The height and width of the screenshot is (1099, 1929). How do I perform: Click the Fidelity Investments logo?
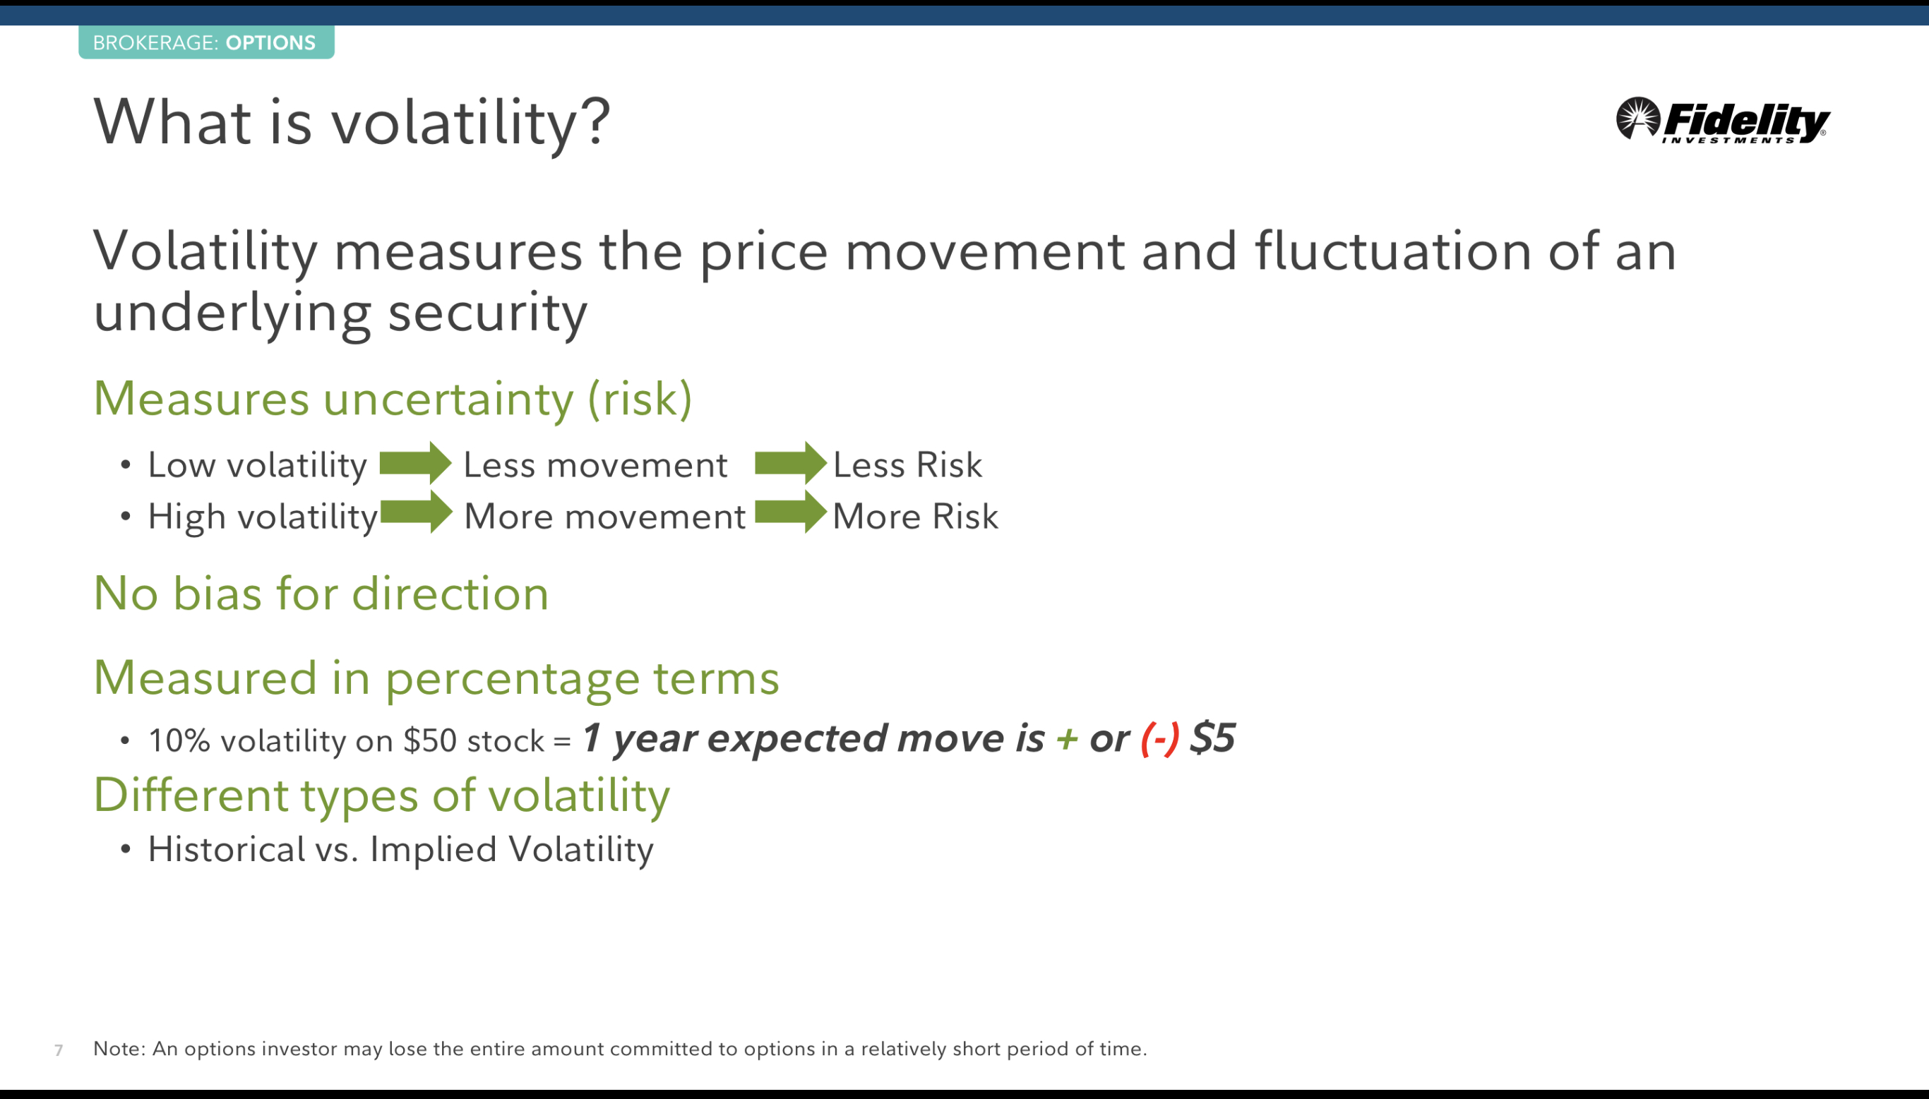point(1722,120)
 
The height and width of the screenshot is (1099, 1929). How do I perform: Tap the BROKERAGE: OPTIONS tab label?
point(205,42)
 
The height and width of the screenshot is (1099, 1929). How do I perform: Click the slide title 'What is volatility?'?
point(352,121)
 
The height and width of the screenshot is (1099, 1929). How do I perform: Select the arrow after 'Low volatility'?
point(415,463)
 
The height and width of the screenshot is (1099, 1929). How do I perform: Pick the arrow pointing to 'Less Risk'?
point(791,463)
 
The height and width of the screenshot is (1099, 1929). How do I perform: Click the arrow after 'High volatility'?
point(416,512)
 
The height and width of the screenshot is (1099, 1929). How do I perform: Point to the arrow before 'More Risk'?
point(791,512)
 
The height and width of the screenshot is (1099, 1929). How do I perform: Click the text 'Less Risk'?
point(907,464)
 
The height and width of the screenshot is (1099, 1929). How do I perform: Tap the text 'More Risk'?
point(915,516)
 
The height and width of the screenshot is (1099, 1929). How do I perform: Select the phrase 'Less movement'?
point(596,465)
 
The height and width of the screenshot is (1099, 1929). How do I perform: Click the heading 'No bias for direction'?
point(321,594)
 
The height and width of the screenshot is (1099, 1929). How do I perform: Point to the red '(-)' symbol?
point(1159,738)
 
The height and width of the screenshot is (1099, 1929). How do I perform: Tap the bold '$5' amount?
point(1212,738)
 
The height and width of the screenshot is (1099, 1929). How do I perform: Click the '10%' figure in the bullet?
point(179,740)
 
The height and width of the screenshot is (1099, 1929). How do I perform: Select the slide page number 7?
point(59,1050)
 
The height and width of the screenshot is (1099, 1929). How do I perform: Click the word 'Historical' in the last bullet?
point(227,849)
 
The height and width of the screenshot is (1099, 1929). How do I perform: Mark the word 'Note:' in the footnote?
point(119,1048)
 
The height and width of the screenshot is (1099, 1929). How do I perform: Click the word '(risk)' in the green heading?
point(640,399)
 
